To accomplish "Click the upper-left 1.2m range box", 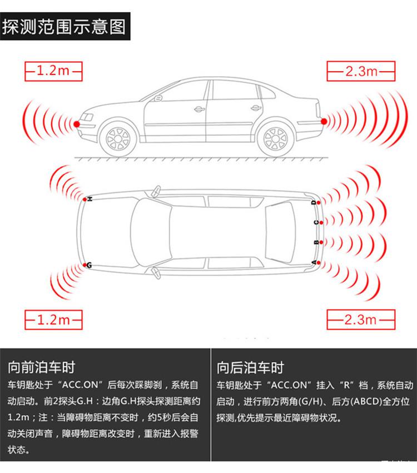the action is pos(53,71).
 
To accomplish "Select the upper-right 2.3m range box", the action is pos(361,71).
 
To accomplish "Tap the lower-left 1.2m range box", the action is pos(53,320).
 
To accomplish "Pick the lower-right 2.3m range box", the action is pos(361,320).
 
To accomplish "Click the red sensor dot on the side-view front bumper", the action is pos(77,124).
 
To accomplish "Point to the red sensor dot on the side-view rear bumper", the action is pos(324,122).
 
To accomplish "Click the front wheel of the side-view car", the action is pos(118,139).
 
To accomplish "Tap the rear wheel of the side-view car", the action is pos(275,139).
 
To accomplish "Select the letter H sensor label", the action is pos(90,198).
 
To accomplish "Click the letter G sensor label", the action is pos(89,266).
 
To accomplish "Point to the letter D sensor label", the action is pos(314,202).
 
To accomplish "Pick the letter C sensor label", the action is pos(316,223).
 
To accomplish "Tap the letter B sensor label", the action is pos(316,242).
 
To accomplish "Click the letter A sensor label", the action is pos(314,262).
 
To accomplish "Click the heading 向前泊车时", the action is pos(41,367).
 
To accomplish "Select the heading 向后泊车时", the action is pos(250,368).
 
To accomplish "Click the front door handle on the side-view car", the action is pos(199,109).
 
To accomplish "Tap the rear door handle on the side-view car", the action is pos(256,108).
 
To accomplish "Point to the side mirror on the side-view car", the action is pos(158,98).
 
